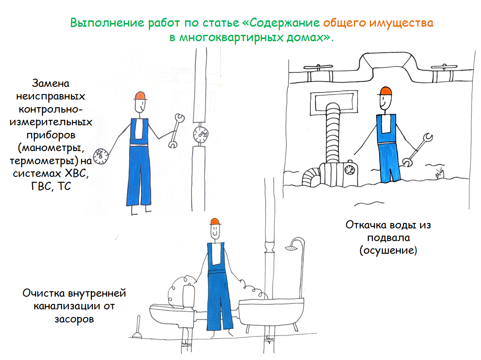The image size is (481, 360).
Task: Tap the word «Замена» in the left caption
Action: point(51,83)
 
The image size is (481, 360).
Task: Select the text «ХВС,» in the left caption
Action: point(76,173)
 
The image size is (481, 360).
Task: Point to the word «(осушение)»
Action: point(388,251)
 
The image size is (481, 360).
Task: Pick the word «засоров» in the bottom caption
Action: point(74,319)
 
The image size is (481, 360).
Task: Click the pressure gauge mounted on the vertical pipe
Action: point(200,134)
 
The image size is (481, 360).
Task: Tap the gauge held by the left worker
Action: point(101,156)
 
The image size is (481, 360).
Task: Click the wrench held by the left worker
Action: point(176,131)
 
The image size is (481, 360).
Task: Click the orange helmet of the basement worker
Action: point(386,91)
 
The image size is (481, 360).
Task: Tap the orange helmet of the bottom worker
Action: point(215,222)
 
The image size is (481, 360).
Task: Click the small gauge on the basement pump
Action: point(349,169)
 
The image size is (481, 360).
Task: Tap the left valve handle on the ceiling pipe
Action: point(318,66)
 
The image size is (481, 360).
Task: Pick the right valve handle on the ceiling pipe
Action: point(444,66)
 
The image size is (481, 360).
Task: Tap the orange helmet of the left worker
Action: point(140,96)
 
